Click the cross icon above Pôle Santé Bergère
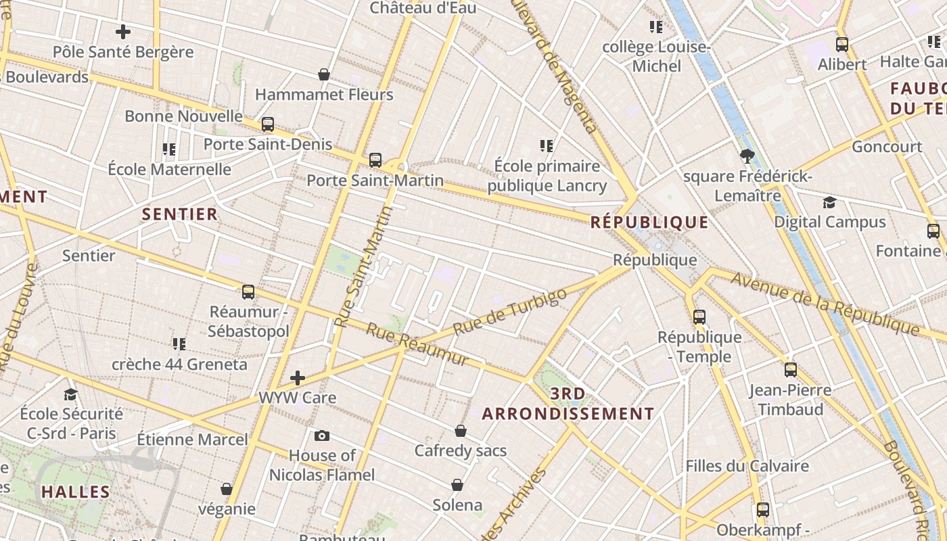pyautogui.click(x=123, y=32)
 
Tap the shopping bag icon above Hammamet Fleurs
pyautogui.click(x=324, y=74)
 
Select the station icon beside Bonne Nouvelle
pyautogui.click(x=268, y=124)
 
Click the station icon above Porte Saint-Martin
pyautogui.click(x=375, y=160)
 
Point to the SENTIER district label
pyautogui.click(x=180, y=214)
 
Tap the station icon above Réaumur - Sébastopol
pyautogui.click(x=248, y=292)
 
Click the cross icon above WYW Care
pyautogui.click(x=298, y=377)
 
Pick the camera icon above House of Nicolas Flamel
pyautogui.click(x=322, y=436)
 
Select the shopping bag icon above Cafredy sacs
pyautogui.click(x=461, y=431)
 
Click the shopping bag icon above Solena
pyautogui.click(x=457, y=485)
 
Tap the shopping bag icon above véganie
pyautogui.click(x=227, y=489)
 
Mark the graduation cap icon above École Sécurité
pyautogui.click(x=71, y=394)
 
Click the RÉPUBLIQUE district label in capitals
pyautogui.click(x=649, y=222)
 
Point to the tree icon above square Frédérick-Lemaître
pyautogui.click(x=747, y=157)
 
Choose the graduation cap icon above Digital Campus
pyautogui.click(x=829, y=202)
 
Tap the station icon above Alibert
pyautogui.click(x=842, y=45)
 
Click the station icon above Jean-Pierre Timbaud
pyautogui.click(x=791, y=370)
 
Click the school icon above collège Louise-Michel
pyautogui.click(x=656, y=27)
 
